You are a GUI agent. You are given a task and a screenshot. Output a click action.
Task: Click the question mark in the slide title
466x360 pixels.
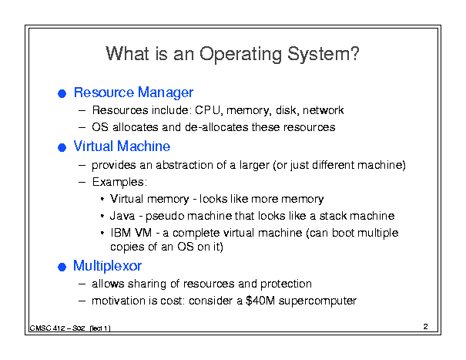coord(355,53)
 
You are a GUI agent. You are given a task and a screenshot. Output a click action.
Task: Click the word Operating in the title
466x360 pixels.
coord(240,55)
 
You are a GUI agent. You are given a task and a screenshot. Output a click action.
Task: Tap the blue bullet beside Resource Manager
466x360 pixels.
coord(62,94)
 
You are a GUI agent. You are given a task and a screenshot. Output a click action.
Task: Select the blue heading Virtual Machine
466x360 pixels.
coord(122,146)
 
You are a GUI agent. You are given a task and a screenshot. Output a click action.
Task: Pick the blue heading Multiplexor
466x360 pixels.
coord(107,266)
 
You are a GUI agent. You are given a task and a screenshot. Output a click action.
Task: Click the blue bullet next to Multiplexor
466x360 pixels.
coord(62,267)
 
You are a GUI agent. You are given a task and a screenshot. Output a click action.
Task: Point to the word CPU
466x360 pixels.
coord(208,110)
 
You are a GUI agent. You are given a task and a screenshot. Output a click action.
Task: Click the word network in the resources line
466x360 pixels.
coord(323,110)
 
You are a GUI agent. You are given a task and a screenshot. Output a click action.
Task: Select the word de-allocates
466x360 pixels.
coord(216,127)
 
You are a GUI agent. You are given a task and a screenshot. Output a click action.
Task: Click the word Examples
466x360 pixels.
coord(119,182)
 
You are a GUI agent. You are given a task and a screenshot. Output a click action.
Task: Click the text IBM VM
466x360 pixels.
coord(131,233)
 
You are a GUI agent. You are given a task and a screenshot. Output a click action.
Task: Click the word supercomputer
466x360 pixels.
coord(317,301)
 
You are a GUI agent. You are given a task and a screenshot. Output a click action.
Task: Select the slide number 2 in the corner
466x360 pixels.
coord(426,326)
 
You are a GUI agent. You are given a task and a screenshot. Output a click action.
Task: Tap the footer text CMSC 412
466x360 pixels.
coord(47,328)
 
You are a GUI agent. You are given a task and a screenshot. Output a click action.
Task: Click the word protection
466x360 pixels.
coord(286,284)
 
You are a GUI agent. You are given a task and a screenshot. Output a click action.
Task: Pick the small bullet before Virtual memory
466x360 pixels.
coord(102,199)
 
